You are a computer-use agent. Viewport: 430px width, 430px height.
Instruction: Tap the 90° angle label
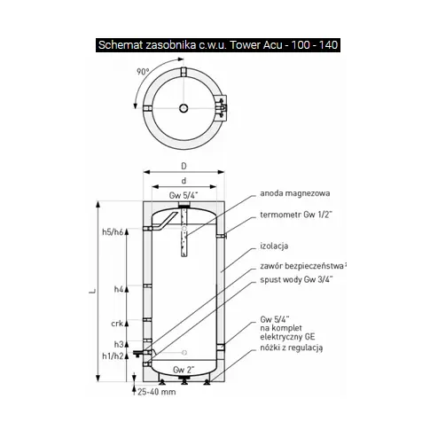tap(143, 71)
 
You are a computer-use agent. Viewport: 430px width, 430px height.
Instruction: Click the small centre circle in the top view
tap(184, 108)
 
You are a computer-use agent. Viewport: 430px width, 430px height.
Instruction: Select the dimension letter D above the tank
tap(184, 166)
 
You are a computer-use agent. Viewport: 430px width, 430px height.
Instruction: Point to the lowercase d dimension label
tap(184, 181)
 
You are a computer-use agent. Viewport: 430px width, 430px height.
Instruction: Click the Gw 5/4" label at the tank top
tap(184, 195)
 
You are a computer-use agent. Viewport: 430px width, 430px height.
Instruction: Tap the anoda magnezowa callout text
tap(295, 193)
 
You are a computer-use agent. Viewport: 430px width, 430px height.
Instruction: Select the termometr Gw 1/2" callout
tap(296, 215)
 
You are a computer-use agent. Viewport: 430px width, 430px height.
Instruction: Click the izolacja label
tap(274, 246)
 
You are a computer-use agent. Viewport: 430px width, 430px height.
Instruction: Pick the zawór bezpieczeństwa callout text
tap(302, 266)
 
